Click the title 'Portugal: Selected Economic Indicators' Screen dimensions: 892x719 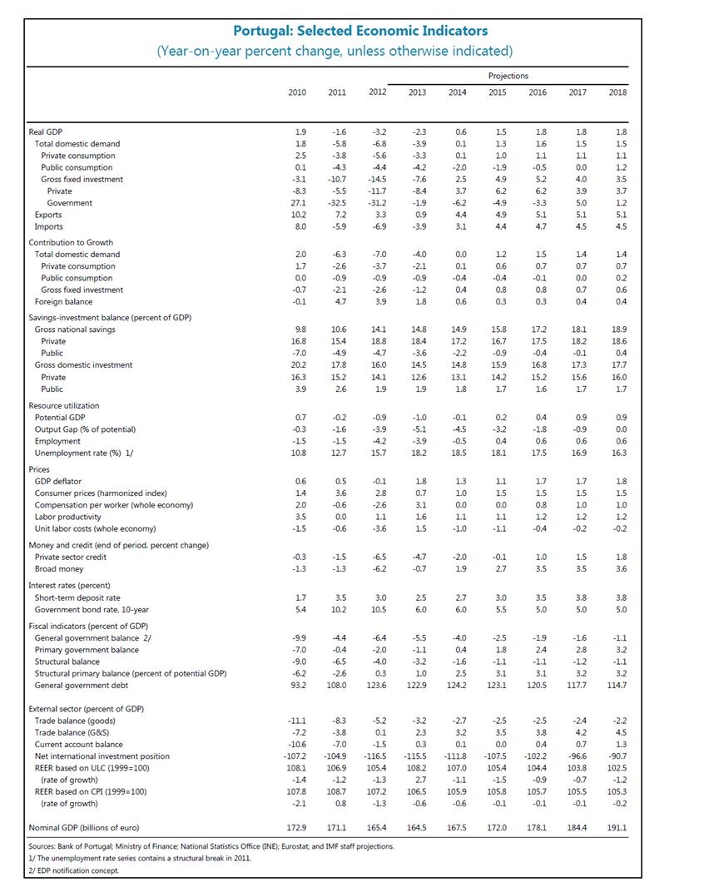point(359,32)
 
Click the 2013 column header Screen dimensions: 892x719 point(417,92)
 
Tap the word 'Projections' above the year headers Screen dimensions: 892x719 point(508,76)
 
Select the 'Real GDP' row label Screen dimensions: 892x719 point(45,132)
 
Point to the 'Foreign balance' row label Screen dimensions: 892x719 point(63,302)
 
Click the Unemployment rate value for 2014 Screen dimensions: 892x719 point(457,453)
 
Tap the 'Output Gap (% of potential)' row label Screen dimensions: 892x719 point(84,429)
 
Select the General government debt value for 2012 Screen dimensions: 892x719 point(377,686)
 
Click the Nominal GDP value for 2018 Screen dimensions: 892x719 point(617,829)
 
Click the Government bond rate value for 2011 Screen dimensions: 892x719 point(337,610)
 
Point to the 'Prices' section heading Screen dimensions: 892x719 point(38,469)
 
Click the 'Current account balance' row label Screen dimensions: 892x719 point(78,744)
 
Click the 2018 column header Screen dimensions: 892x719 point(617,92)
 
